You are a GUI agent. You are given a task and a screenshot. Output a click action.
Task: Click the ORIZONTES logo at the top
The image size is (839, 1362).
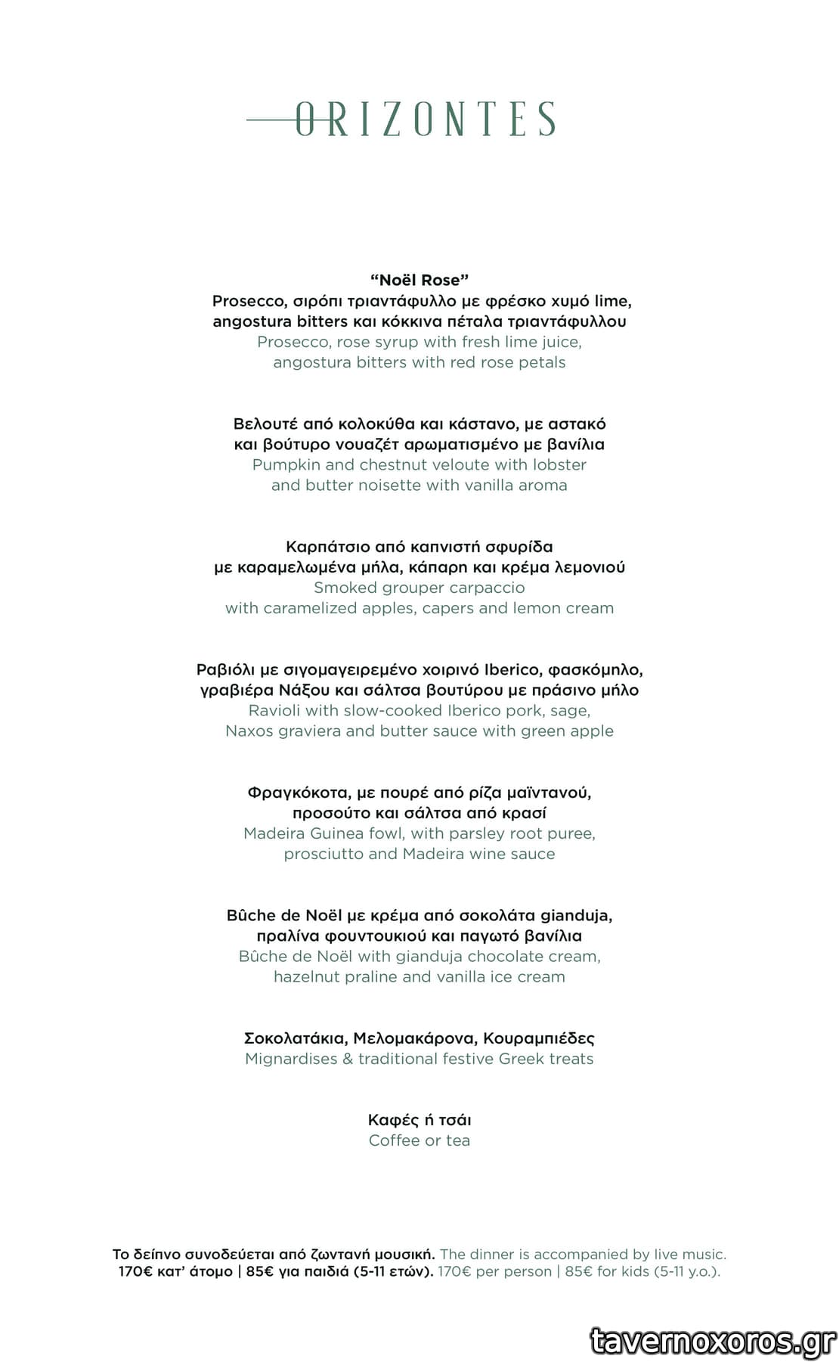[x=402, y=119]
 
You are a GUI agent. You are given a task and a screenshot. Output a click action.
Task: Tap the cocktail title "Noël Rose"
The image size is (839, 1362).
[x=419, y=281]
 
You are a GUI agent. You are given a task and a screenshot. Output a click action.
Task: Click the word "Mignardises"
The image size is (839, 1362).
[x=291, y=1059]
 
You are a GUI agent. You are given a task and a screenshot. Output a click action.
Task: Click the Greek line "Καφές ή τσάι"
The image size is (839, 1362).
[x=419, y=1120]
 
